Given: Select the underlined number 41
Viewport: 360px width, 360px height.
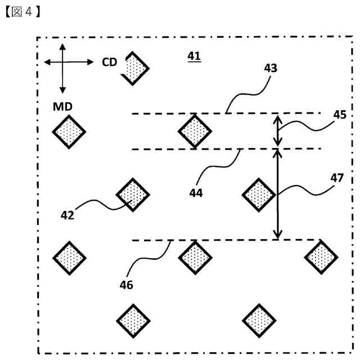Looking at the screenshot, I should tap(194, 56).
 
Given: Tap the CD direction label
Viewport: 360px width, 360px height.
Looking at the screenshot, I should tap(109, 62).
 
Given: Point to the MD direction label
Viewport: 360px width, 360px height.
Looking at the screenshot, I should tap(63, 106).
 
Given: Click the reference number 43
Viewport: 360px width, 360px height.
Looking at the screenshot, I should tap(271, 67).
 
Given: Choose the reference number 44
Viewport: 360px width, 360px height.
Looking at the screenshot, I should tap(196, 192).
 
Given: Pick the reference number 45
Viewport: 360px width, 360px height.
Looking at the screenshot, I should tap(339, 115).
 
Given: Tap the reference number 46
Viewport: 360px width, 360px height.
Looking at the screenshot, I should tap(127, 285).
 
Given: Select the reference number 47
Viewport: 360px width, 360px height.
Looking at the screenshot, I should tap(336, 178).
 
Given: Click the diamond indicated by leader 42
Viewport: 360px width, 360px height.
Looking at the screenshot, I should tap(133, 194).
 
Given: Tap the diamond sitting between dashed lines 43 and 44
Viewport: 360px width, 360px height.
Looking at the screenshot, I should tap(195, 131).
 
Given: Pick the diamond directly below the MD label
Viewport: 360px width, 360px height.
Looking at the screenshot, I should tap(69, 131).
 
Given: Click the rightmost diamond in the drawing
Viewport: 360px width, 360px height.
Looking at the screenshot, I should tap(321, 256).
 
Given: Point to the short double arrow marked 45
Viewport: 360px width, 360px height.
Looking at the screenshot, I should tap(277, 130).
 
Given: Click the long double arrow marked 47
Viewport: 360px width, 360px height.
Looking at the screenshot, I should tap(277, 193).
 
